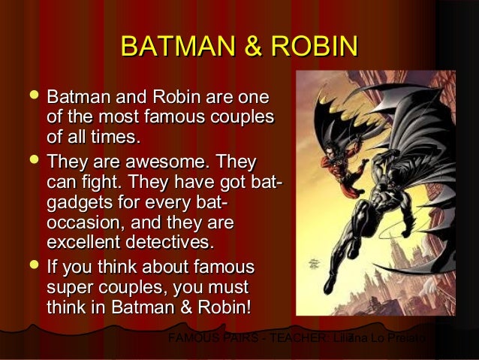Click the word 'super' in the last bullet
point(67,288)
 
